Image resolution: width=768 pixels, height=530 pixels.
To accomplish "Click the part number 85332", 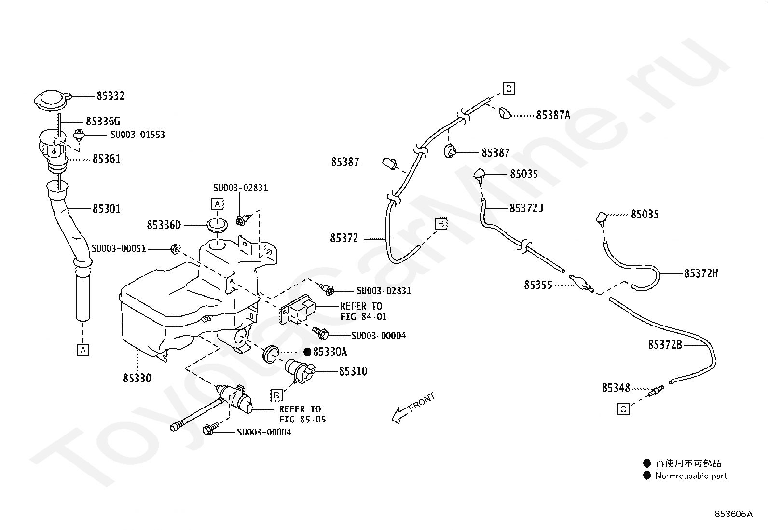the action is [x=110, y=96].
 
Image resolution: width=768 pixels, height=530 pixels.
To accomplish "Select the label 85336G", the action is [x=103, y=122].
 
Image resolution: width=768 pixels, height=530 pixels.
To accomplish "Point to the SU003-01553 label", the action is [x=137, y=135].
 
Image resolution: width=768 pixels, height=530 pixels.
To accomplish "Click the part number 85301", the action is [x=107, y=209].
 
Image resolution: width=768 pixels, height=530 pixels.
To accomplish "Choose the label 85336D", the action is [x=164, y=225].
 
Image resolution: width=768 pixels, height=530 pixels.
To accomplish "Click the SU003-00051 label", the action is [x=119, y=248].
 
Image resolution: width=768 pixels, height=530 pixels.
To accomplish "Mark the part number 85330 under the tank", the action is [x=137, y=378].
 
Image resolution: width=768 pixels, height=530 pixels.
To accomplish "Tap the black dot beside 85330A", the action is [x=308, y=352].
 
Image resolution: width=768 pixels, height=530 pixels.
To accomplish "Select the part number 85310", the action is [x=353, y=371].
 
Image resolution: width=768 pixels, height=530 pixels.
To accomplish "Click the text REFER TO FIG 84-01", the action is [x=363, y=311].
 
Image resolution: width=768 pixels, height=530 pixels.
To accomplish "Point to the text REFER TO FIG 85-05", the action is [x=302, y=414].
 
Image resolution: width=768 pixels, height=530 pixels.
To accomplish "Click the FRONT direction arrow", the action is [x=413, y=408].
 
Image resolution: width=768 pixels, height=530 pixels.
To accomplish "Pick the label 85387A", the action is [x=553, y=116].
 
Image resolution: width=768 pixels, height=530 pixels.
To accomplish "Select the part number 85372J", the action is [x=526, y=208].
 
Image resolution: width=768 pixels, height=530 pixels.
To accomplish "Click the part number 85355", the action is [x=538, y=285].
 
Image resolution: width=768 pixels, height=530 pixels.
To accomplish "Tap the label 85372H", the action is [x=701, y=273].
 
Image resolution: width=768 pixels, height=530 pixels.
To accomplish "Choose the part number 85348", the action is [x=616, y=388].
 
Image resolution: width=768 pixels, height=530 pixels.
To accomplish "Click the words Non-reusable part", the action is [x=691, y=476].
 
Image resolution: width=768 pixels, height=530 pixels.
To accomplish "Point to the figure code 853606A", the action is [x=734, y=514].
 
